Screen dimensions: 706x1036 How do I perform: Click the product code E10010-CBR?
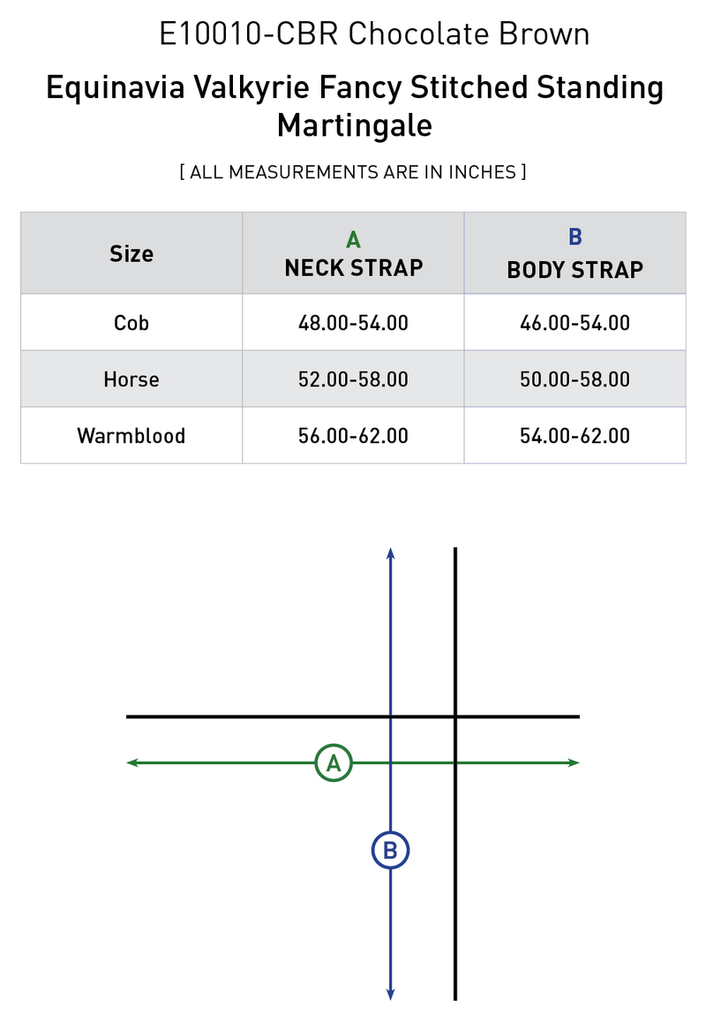(x=249, y=34)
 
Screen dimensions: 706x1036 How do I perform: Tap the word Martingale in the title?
(x=354, y=125)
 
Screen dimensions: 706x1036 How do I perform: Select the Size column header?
(x=131, y=254)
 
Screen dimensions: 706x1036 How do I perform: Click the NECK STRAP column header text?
(x=354, y=267)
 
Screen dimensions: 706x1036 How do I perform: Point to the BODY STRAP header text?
(x=575, y=269)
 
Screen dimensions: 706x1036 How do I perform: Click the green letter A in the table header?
(x=354, y=239)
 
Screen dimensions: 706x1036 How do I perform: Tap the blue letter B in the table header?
(x=575, y=236)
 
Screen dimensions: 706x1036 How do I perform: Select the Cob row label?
(x=131, y=322)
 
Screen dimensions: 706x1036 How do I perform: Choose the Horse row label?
(x=131, y=379)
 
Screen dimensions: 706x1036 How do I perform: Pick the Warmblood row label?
(x=131, y=435)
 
